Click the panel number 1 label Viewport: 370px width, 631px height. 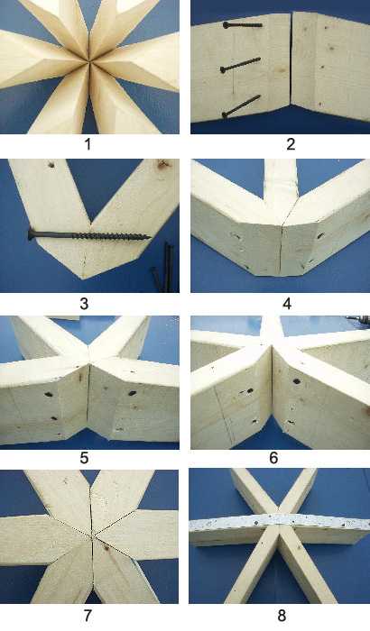(88, 144)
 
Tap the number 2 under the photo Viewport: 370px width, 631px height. (291, 144)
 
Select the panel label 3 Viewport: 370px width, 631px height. (84, 304)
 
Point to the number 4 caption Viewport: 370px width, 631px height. (287, 304)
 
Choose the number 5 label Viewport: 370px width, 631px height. (84, 458)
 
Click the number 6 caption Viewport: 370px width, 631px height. (273, 458)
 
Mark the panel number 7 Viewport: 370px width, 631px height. (87, 616)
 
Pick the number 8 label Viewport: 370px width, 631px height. (282, 616)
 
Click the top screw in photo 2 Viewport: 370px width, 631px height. (242, 25)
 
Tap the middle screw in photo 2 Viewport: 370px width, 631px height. (240, 65)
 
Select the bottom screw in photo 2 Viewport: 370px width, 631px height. (241, 106)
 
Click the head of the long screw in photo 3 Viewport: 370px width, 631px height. (31, 234)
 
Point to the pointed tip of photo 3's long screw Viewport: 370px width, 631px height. (151, 237)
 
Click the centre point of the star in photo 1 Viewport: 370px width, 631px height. (88, 61)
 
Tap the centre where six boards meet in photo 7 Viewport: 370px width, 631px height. (92, 535)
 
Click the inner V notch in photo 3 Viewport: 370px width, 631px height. (90, 221)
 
